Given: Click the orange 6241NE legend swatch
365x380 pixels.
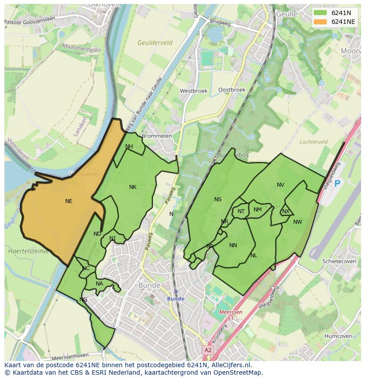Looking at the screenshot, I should coord(320,22).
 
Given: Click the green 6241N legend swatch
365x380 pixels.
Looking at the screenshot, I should coord(320,13).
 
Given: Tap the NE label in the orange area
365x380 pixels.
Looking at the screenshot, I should coord(69,201).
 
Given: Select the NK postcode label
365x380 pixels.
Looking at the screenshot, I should coord(133,187).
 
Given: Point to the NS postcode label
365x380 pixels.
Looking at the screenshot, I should coord(218,199).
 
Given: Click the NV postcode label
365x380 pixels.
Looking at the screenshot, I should coord(280,185).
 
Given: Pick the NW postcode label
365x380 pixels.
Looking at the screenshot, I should coord(298,222).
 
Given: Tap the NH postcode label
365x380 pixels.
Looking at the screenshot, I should coord(129,147).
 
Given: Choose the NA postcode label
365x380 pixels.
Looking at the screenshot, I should coord(99,284).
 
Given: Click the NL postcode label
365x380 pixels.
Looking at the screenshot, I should coord(253,256).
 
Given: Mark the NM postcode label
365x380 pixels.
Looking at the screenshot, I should coord(257,210).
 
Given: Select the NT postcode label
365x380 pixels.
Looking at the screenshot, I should coord(241,211).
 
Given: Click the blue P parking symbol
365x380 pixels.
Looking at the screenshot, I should coord(337,184).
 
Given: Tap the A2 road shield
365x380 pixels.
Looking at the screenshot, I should coord(208,350).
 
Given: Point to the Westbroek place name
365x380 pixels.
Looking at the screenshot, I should coord(194,91).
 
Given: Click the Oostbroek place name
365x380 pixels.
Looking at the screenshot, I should coord(232,90).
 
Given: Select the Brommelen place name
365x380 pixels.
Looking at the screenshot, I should coord(157,136).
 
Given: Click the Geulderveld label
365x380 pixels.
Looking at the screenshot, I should coord(155,43).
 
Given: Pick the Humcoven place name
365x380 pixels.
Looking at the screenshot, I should coord(338,336).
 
